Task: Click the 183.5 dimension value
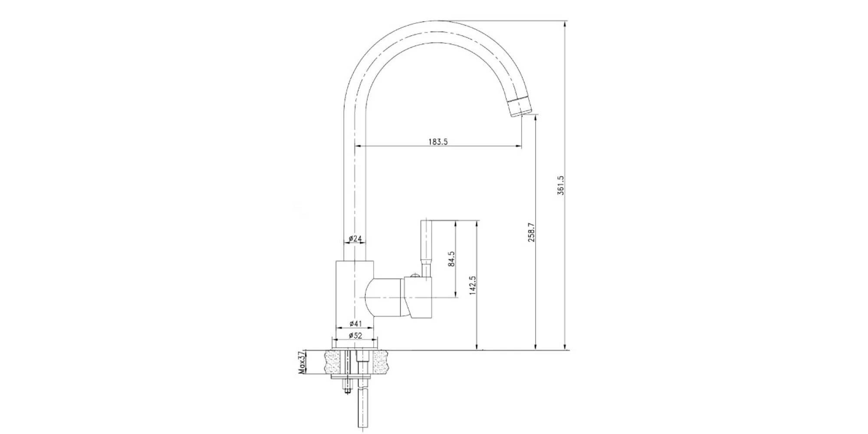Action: click(x=438, y=141)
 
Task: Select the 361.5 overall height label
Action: click(x=560, y=185)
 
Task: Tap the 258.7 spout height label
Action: click(x=531, y=232)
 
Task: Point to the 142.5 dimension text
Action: click(x=473, y=286)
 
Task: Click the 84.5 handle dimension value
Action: click(x=451, y=259)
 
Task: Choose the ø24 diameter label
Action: click(x=355, y=238)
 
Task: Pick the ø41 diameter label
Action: click(x=355, y=323)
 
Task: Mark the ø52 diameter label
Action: click(x=355, y=335)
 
